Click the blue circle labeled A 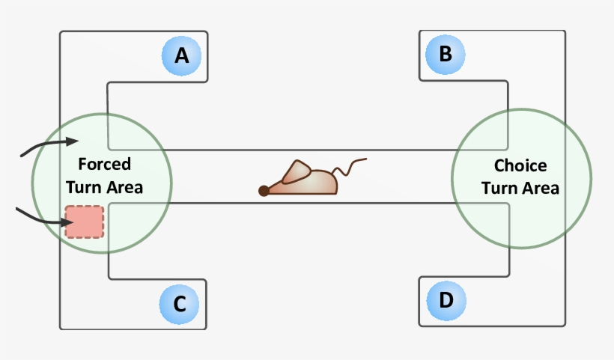pos(182,55)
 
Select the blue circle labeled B pos(446,54)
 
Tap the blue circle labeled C pos(180,304)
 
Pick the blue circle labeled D pos(446,301)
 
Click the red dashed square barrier pos(85,222)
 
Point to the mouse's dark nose pos(264,191)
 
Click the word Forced pos(104,164)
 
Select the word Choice pos(520,166)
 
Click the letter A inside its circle pos(182,55)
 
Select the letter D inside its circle pos(446,301)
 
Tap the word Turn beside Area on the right pos(499,188)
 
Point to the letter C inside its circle pos(180,304)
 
